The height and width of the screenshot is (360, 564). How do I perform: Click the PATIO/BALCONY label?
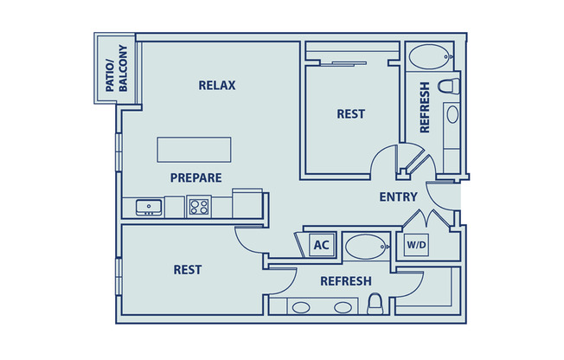(115, 70)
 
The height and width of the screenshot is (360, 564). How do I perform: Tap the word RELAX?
(217, 85)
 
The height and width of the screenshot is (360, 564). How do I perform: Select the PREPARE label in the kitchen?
(195, 177)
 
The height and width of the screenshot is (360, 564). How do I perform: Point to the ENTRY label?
(398, 196)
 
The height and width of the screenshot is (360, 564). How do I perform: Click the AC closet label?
(321, 246)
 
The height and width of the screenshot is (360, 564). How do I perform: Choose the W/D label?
(416, 246)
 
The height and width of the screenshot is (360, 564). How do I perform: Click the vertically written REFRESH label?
(424, 107)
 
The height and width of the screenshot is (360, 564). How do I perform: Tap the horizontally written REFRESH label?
(346, 281)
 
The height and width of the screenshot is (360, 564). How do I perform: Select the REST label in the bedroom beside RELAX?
(350, 113)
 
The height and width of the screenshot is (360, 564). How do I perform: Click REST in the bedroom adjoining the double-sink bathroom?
(188, 269)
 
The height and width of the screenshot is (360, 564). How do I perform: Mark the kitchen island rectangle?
(195, 149)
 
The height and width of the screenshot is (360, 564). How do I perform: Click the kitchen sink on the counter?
(150, 208)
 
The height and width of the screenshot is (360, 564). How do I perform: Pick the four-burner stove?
(199, 207)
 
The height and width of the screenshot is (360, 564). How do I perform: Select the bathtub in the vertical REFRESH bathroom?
(430, 60)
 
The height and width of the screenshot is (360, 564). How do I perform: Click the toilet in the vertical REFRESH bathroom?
(447, 87)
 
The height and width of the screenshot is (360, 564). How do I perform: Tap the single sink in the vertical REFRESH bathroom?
(451, 114)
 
